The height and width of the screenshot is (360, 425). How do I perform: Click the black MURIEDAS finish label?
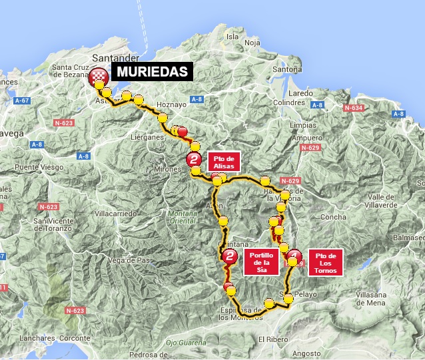pyautogui.click(x=152, y=72)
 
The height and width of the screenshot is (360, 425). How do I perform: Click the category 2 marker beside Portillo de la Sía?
pyautogui.click(x=230, y=256)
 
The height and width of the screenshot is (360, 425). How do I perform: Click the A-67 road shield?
pyautogui.click(x=23, y=100)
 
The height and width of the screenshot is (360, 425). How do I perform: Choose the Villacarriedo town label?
pyautogui.click(x=116, y=214)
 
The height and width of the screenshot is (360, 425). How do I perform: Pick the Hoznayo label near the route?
pyautogui.click(x=169, y=104)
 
